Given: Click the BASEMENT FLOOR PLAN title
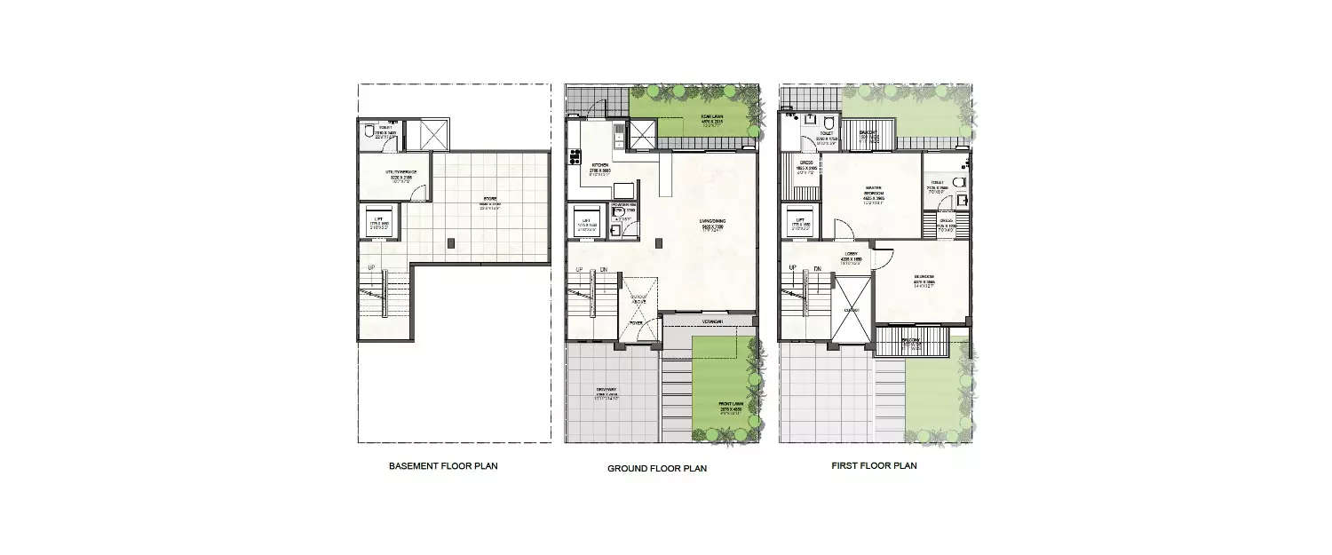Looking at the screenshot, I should click(x=443, y=466).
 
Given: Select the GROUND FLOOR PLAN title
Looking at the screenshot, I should click(x=656, y=468).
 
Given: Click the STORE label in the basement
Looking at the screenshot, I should click(x=490, y=199).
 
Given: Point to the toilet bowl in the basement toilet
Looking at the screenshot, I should click(x=369, y=134).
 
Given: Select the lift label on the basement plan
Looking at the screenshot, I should click(x=377, y=223).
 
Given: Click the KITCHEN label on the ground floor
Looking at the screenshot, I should click(x=600, y=165).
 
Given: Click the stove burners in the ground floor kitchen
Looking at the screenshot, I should click(x=575, y=159).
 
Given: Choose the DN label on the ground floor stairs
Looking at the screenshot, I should click(x=603, y=269).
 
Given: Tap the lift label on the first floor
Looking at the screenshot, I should click(x=800, y=221).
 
